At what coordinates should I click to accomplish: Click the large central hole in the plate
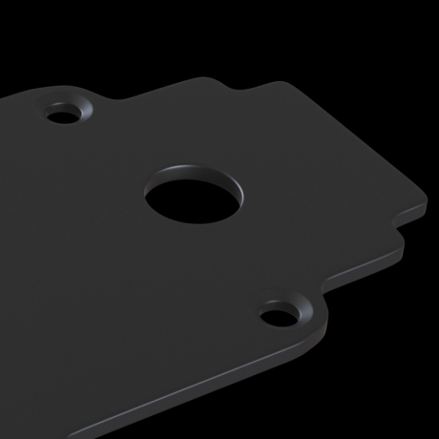191,199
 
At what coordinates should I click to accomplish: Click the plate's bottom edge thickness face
191,391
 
